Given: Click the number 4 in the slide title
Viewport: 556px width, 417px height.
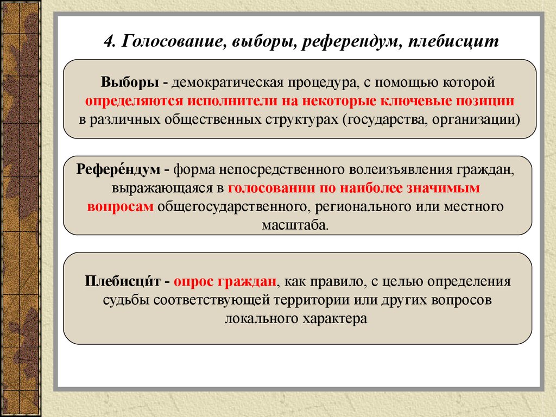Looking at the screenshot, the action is [109, 41].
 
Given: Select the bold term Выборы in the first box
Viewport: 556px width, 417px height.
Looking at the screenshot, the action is [130, 83].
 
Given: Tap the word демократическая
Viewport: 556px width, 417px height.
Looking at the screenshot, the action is [228, 83].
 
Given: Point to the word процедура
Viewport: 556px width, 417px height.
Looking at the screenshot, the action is [321, 83].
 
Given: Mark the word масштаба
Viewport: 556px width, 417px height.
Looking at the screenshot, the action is [295, 225].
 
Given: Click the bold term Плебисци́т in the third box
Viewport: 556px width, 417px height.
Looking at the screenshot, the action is [123, 281].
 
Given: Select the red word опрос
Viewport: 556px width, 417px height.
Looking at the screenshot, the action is [193, 282].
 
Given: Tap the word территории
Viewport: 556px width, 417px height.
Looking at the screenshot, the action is [312, 300].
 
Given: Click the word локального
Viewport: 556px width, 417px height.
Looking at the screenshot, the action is [262, 319].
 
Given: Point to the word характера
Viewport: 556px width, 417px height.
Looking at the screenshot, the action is [334, 319].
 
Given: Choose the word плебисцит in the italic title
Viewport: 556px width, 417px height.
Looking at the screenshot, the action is [453, 41].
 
